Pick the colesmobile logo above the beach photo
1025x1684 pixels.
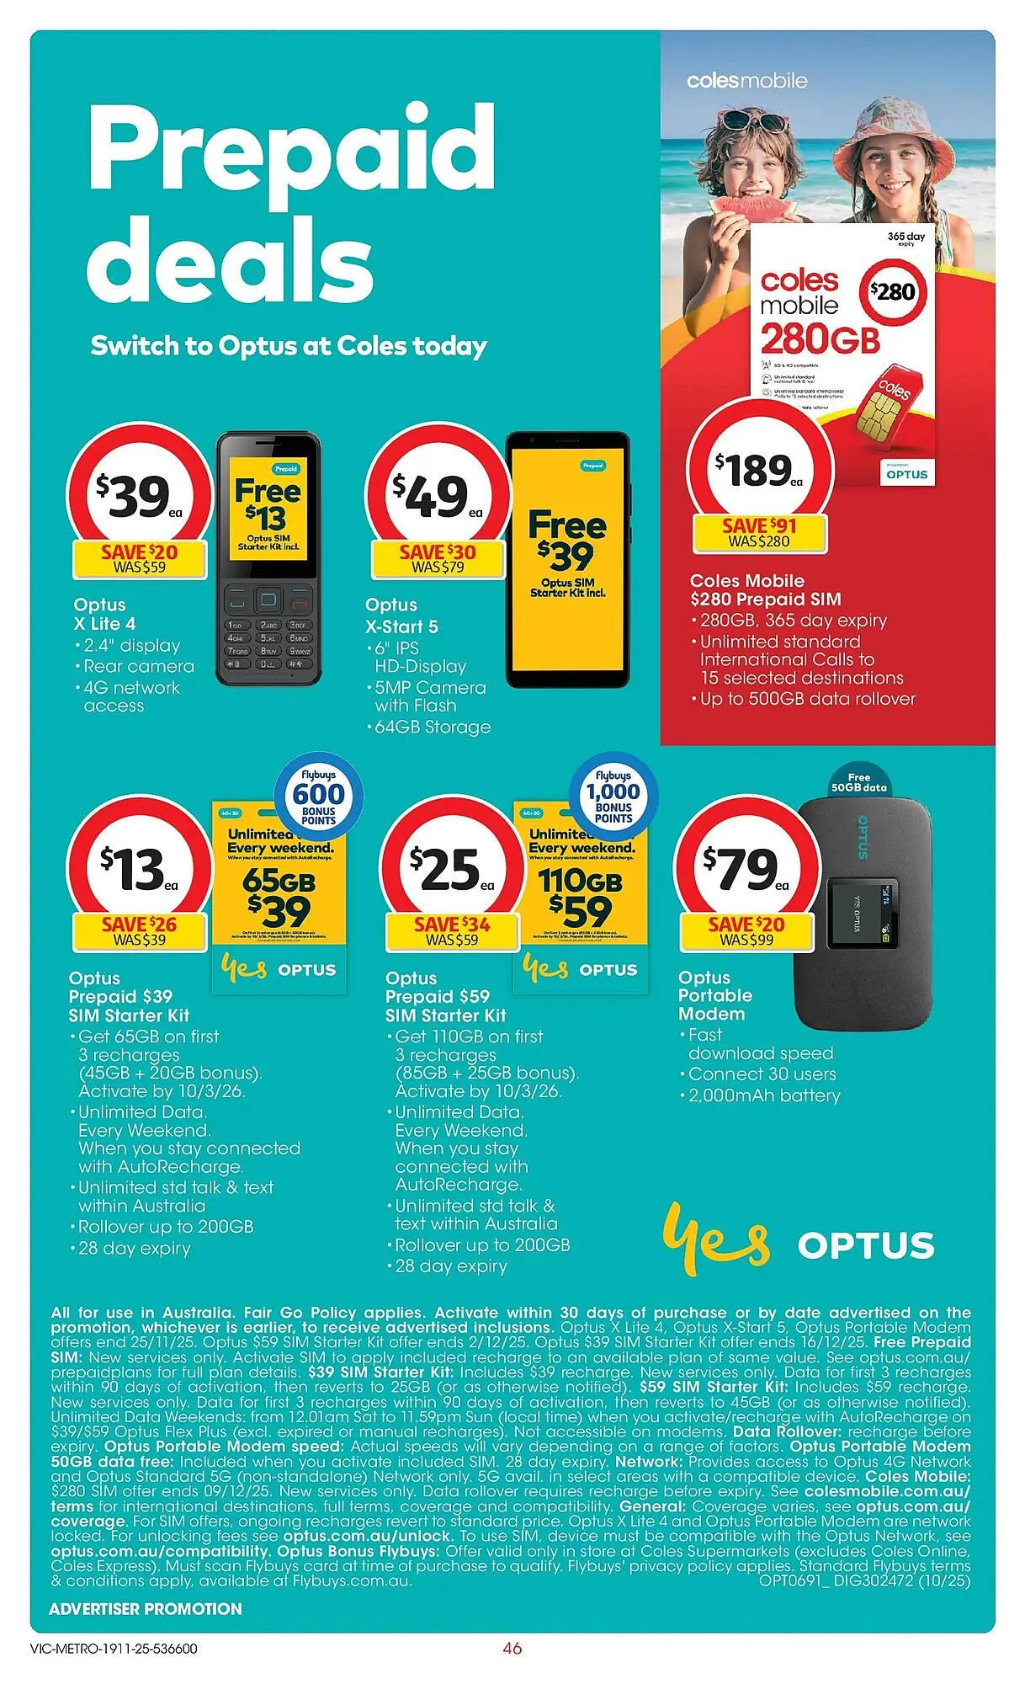click(x=746, y=81)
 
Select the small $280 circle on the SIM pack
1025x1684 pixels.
click(x=892, y=292)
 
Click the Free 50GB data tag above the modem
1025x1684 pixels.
click(x=858, y=782)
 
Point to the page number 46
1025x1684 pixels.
click(x=512, y=1648)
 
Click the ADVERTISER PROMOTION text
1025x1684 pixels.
click(x=146, y=1608)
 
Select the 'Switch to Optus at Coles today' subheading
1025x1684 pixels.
click(x=289, y=346)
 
